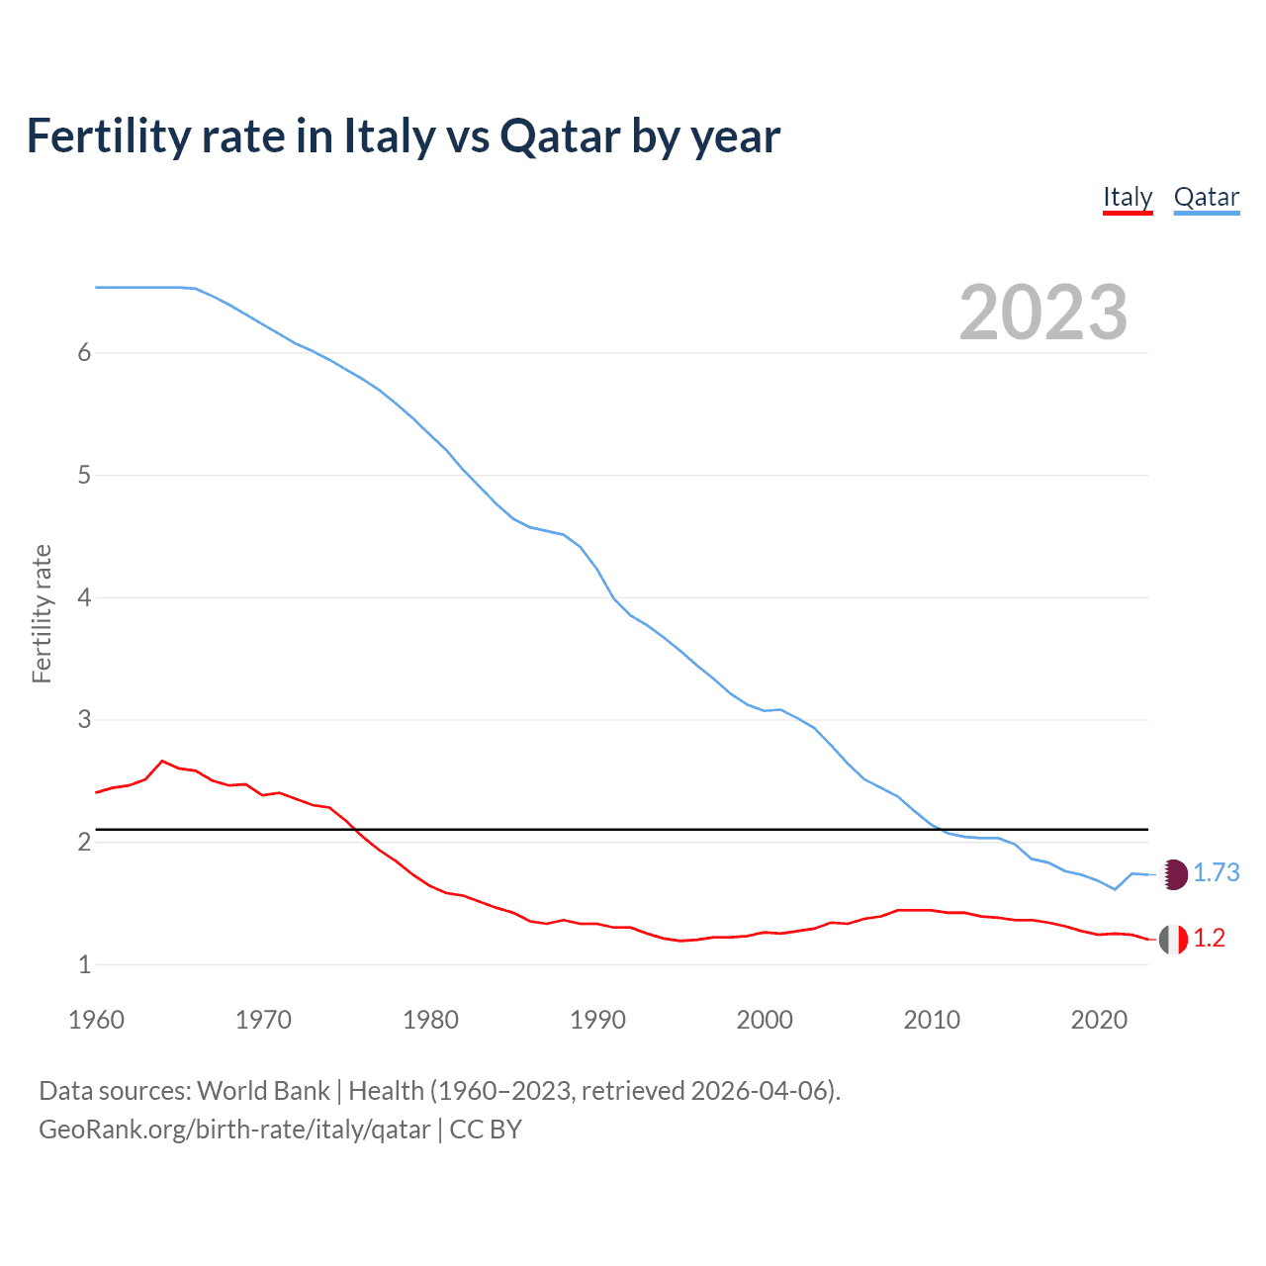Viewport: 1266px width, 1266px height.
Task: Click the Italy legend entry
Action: (1128, 197)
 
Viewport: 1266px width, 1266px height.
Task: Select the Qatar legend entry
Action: (1206, 197)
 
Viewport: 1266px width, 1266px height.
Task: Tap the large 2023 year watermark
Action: (1042, 313)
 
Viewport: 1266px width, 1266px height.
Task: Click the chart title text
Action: (404, 136)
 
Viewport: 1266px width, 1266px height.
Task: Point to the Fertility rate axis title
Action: (42, 613)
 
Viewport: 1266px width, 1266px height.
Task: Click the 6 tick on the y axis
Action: (84, 353)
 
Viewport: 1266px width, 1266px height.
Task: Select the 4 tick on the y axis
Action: (84, 597)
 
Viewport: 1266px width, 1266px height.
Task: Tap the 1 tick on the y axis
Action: (84, 964)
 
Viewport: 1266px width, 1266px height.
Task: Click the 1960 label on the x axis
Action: (96, 1020)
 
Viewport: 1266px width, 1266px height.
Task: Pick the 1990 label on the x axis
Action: (597, 1020)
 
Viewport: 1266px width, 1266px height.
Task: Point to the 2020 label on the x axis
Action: (1099, 1020)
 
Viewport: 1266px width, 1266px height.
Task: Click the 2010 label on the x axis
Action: (932, 1020)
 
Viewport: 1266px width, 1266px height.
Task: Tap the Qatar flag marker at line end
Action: (1173, 874)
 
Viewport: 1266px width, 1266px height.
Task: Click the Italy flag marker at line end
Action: (1173, 939)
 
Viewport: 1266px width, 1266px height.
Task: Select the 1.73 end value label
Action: (1216, 872)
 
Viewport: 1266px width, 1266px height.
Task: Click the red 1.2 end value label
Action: (1209, 938)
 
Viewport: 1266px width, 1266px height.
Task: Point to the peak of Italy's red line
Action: (162, 761)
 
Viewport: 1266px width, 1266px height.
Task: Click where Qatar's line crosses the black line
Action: (939, 829)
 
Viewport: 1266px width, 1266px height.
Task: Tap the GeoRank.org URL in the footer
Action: (234, 1130)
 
